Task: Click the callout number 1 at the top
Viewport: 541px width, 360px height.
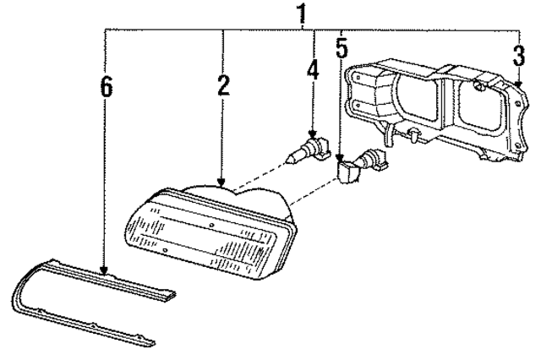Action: coord(301,14)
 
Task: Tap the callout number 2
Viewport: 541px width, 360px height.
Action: coord(222,85)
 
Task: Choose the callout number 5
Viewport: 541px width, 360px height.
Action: coord(342,48)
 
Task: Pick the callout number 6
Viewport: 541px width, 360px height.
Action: coord(106,88)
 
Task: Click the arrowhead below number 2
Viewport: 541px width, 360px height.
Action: coord(222,181)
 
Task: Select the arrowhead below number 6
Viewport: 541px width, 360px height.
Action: coord(106,272)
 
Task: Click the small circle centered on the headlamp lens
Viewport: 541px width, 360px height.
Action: coord(209,226)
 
